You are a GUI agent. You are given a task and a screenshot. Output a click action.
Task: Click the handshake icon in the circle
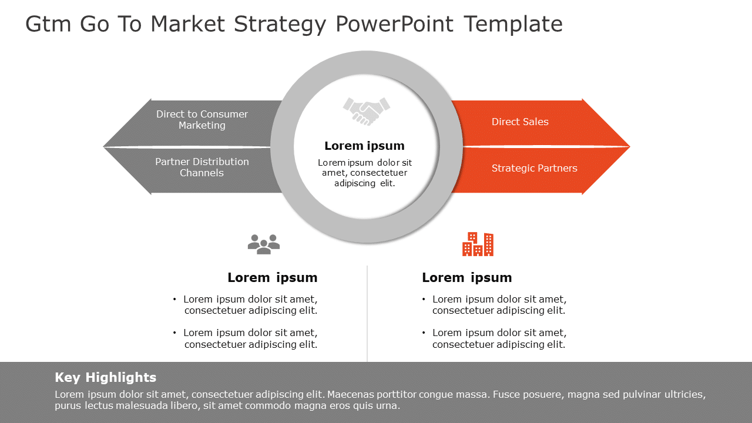coord(367,111)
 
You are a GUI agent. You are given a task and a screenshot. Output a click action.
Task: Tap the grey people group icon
coord(264,244)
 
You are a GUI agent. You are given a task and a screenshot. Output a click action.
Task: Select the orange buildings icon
coord(478,244)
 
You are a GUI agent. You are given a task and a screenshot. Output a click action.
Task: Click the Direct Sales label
coord(520,122)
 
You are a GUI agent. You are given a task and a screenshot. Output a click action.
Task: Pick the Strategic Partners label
coord(534,168)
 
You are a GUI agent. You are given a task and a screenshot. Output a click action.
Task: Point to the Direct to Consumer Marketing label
coord(202,119)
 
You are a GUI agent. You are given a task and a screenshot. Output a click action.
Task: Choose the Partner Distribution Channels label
coord(202,167)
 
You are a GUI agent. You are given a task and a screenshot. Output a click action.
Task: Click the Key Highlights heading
coord(106,377)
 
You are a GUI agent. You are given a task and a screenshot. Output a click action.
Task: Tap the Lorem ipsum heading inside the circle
coord(364,146)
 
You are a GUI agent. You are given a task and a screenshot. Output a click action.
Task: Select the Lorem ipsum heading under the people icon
coord(273,277)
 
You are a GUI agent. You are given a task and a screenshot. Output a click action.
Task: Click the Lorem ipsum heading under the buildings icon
coord(467,277)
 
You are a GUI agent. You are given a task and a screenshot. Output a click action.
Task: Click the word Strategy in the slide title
coord(280,24)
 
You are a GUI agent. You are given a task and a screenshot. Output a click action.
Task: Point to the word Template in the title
coord(513,24)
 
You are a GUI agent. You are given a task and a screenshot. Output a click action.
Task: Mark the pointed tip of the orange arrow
coord(629,146)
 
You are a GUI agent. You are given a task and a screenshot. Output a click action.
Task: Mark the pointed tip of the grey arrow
coord(105,146)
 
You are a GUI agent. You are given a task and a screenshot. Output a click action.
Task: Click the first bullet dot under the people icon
coord(174,299)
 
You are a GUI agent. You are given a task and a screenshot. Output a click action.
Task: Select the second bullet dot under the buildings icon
coord(424,333)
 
